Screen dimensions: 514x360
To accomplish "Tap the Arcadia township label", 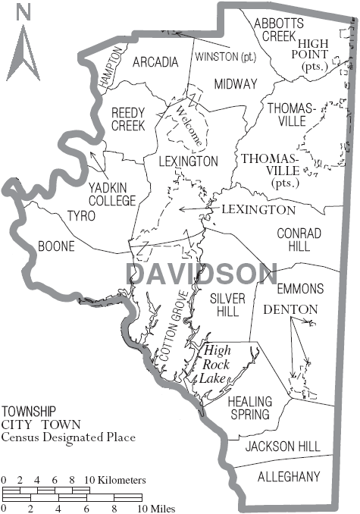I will click(155, 61).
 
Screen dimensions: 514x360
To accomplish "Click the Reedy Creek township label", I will click(127, 119).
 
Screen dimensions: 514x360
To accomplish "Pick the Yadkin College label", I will click(111, 194).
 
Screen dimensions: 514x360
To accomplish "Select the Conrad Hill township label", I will click(299, 240).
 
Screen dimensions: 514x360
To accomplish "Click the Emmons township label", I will click(300, 289).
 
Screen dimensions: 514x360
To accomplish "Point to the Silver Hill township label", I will click(227, 306).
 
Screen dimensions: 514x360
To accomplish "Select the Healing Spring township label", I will click(249, 408).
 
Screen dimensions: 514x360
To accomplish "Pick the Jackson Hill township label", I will click(283, 447).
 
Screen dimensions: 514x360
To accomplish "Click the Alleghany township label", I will click(289, 477).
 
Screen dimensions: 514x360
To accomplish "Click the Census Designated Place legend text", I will click(68, 437).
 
